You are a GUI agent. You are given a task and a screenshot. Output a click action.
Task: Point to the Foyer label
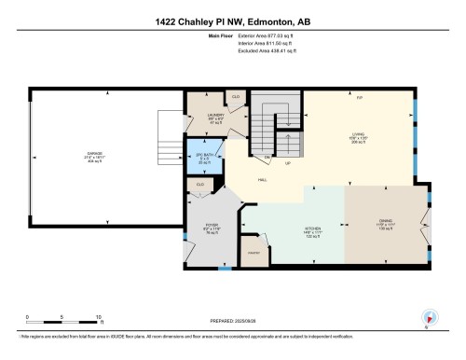212,228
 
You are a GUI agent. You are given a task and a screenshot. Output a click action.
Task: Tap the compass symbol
428,316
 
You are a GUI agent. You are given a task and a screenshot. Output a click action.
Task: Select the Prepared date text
232,321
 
